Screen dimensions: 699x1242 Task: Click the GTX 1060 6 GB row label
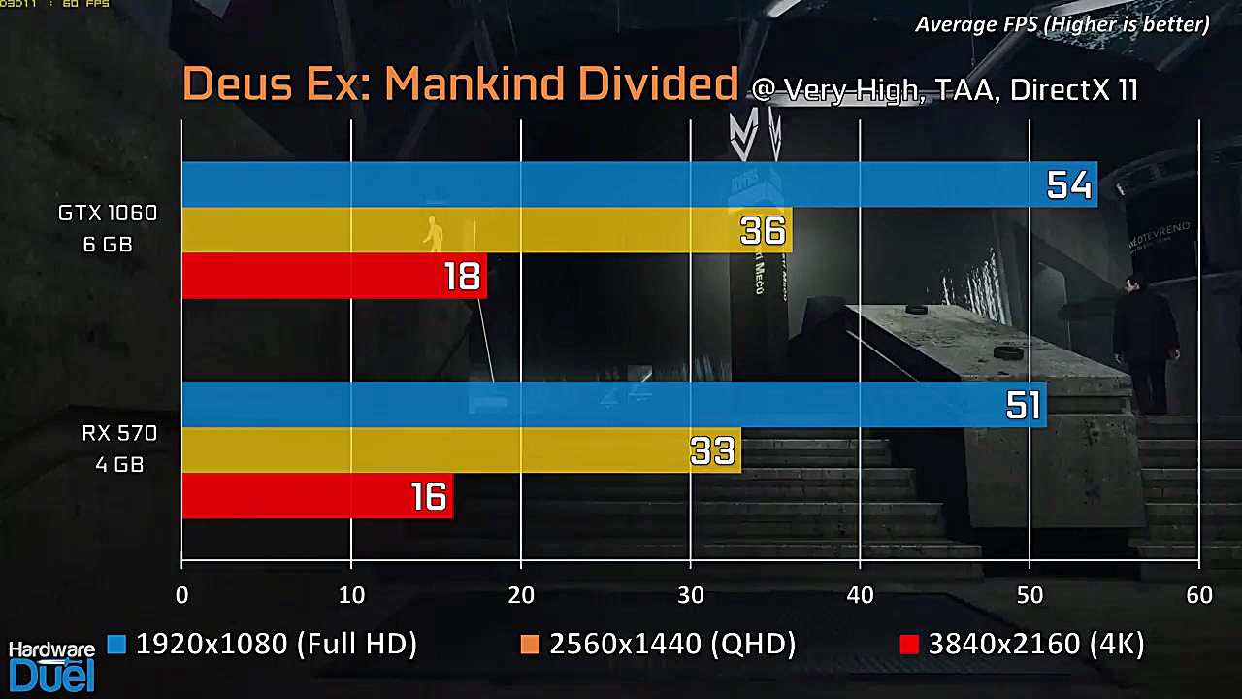(108, 228)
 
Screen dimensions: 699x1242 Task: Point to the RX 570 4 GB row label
(119, 449)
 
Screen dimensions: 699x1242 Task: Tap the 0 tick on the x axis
(182, 595)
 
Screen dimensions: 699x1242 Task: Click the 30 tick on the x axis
(691, 595)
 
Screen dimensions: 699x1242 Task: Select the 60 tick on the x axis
(1199, 595)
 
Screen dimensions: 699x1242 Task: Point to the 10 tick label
(351, 595)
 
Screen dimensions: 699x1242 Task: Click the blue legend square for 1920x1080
(117, 645)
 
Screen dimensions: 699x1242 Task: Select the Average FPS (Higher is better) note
(1062, 24)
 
